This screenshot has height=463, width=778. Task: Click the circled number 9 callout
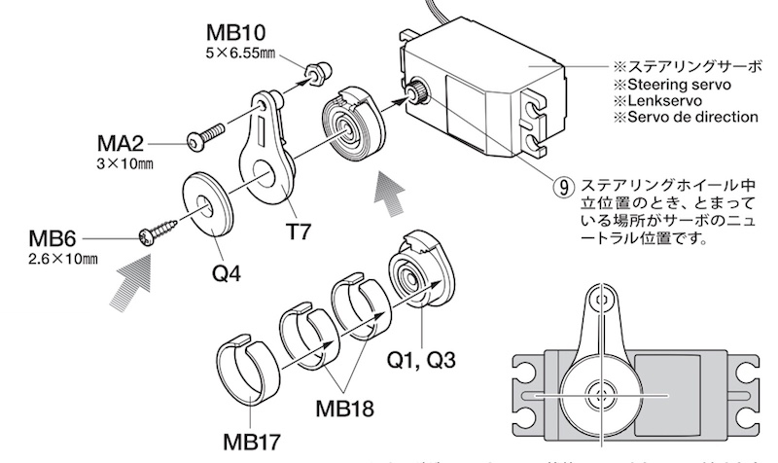point(563,184)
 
